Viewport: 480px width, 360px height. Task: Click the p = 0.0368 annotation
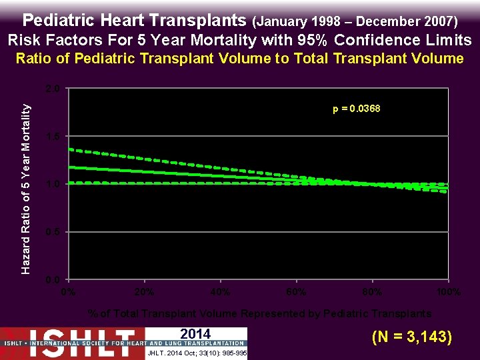tap(357, 109)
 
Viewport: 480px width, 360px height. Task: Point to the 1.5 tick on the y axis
tap(54, 136)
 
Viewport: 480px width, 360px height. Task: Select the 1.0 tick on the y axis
tap(54, 184)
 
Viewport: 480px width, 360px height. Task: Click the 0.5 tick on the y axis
tap(54, 232)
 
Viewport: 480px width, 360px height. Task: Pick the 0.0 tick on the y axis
tap(54, 279)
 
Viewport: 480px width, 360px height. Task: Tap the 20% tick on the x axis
tap(144, 292)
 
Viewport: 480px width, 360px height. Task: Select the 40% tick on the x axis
tap(220, 292)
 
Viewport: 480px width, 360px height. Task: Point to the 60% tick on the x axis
tap(296, 292)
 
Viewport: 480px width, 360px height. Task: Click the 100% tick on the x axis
tap(448, 292)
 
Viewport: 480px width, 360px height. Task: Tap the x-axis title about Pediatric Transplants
tap(259, 313)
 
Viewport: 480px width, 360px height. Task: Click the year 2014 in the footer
tap(195, 334)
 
